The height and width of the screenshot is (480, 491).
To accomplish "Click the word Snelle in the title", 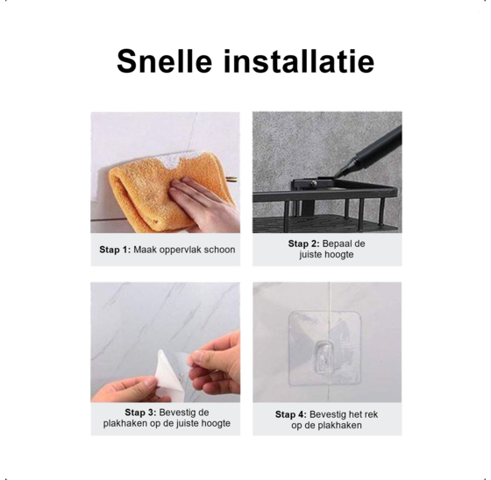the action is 165,61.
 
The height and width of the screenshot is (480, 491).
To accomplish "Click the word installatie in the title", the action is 299,61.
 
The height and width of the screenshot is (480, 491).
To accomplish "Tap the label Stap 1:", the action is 115,250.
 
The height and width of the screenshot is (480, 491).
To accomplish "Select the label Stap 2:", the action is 303,244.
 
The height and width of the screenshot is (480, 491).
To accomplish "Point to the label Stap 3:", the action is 140,413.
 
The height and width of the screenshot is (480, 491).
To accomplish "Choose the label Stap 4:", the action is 291,414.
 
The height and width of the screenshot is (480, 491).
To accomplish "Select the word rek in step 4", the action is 371,414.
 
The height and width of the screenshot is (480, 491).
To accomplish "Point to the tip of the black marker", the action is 336,175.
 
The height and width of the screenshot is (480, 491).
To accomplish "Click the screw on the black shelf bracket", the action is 312,183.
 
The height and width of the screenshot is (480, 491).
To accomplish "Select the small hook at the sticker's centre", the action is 324,357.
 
